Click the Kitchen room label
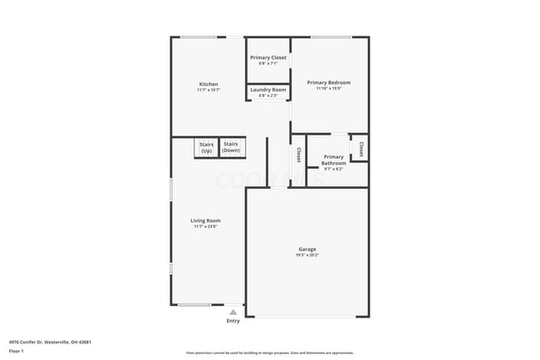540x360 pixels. pos(209,84)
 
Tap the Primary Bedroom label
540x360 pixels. pos(328,82)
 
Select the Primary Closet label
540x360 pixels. pos(268,57)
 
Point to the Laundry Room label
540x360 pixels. pos(268,90)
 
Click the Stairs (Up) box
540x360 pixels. pos(206,147)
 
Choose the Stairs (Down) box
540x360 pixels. pos(230,147)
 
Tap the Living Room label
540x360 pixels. pos(205,220)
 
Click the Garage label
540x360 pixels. pos(307,249)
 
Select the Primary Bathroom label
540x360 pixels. pos(333,160)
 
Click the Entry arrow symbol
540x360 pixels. pos(233,312)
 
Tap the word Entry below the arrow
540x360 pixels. pos(233,321)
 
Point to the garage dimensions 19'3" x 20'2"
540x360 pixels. pos(307,255)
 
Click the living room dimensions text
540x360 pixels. pos(205,226)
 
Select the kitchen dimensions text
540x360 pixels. pos(209,90)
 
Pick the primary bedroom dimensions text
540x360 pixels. pos(328,89)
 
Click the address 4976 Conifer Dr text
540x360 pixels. pos(50,342)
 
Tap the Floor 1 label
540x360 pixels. pos(17,351)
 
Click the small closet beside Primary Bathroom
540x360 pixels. pos(361,148)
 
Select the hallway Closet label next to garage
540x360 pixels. pos(298,155)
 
